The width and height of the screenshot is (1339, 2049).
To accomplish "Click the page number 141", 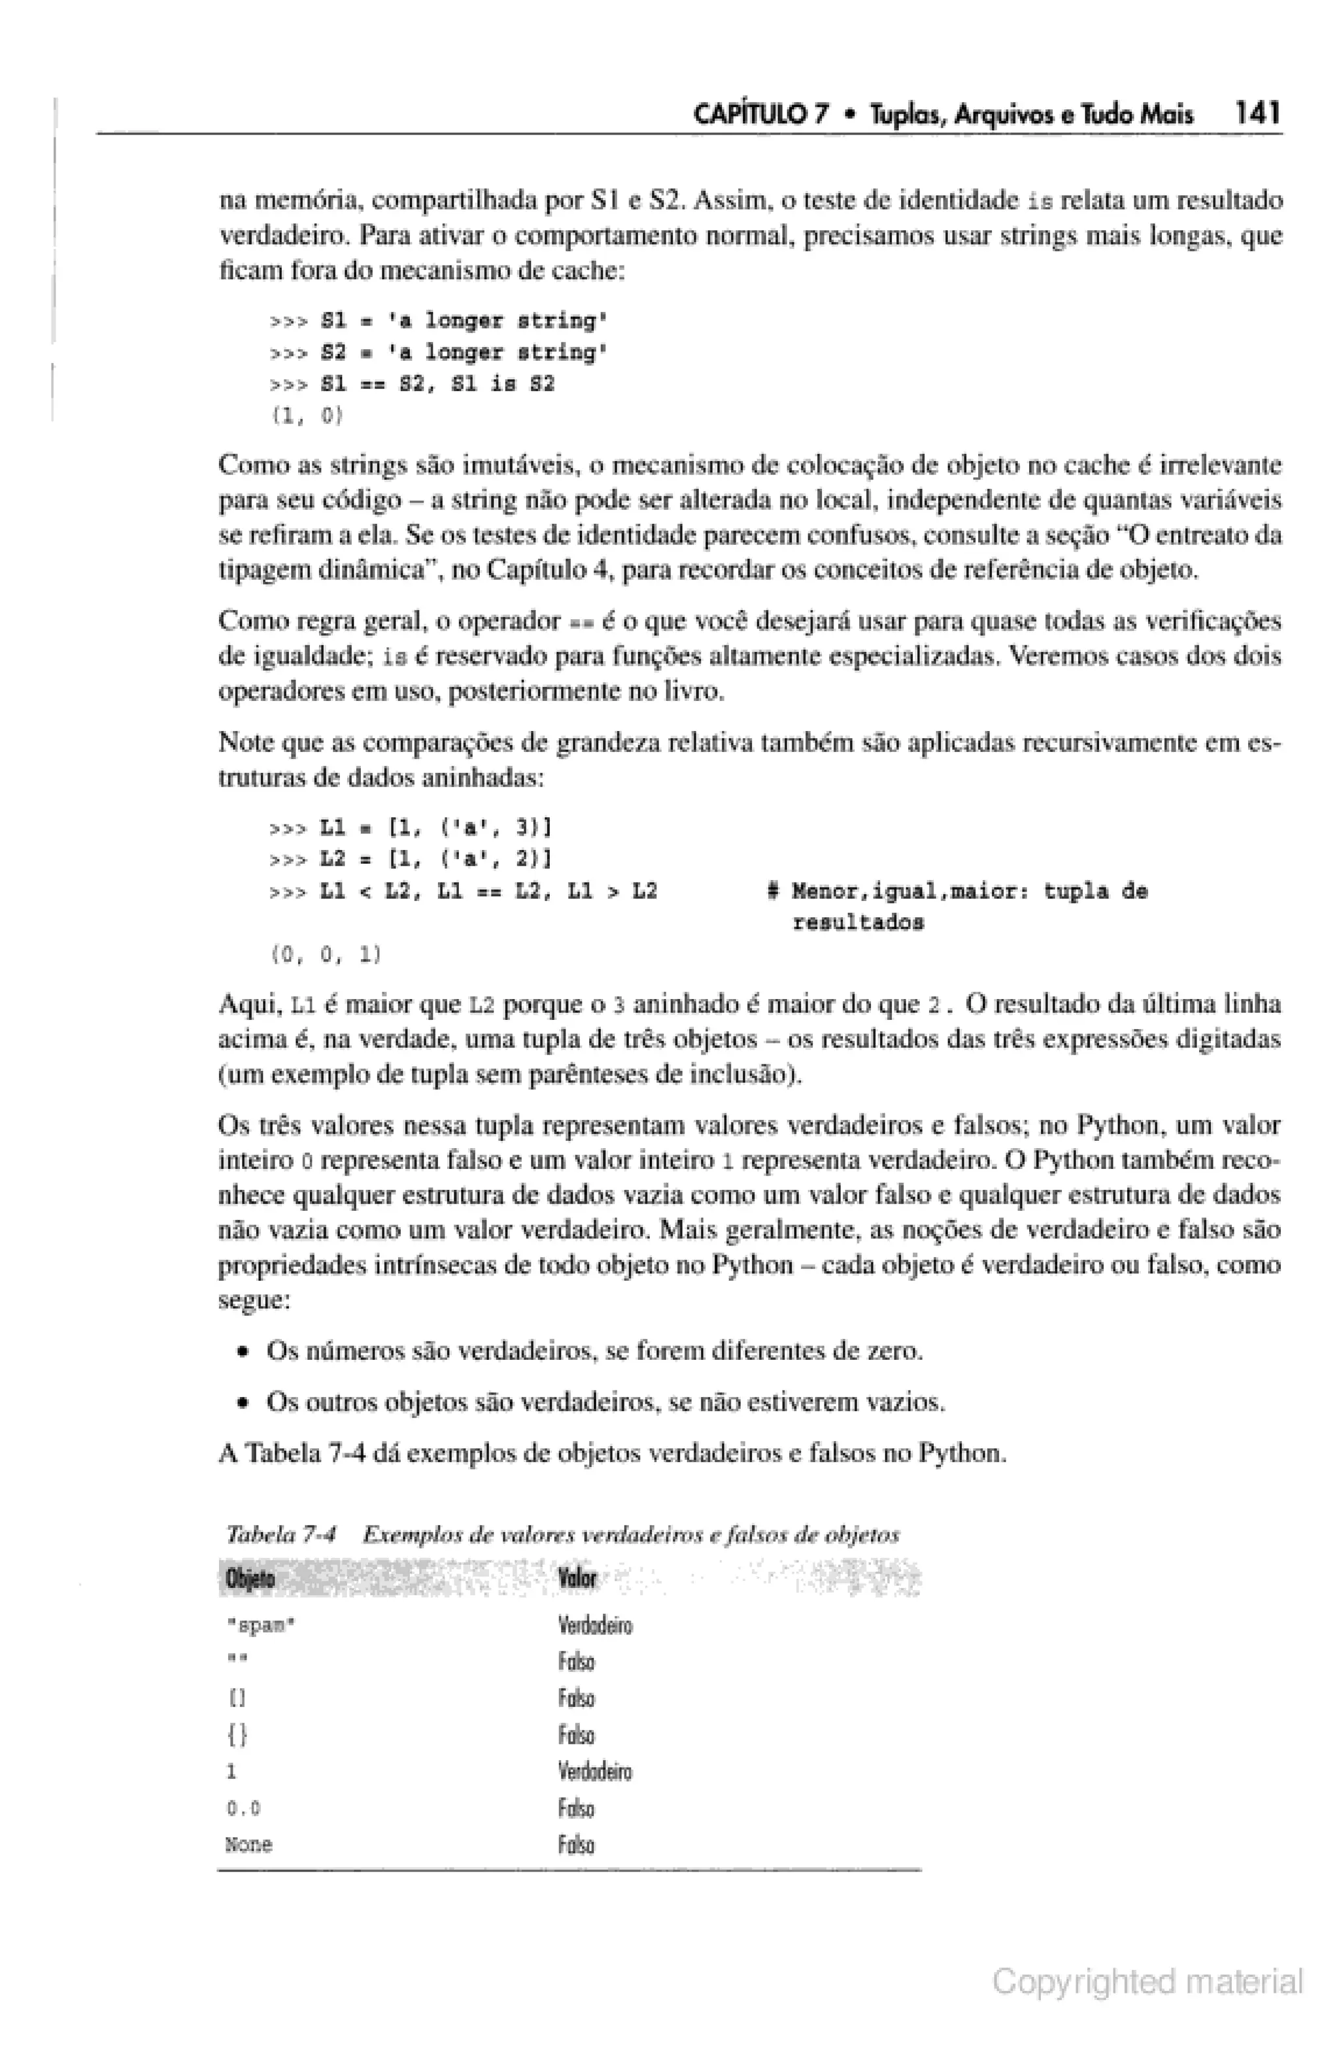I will (1257, 113).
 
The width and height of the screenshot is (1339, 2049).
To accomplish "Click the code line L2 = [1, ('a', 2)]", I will (435, 859).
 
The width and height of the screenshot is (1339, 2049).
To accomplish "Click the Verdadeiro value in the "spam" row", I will (595, 1626).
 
